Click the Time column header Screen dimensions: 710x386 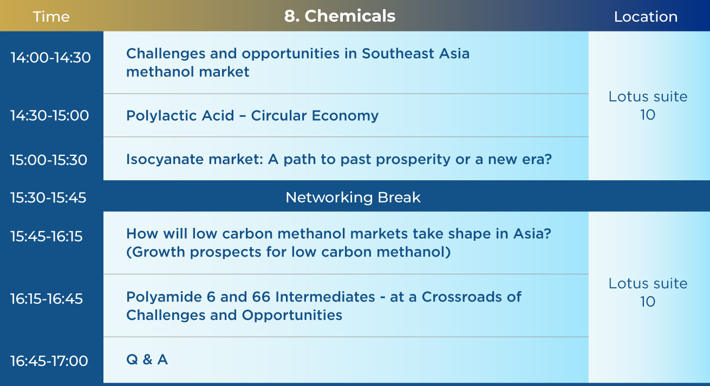click(x=51, y=16)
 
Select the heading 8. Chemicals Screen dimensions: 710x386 click(x=340, y=16)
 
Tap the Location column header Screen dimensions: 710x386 click(x=646, y=16)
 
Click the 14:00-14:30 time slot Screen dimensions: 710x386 click(x=51, y=58)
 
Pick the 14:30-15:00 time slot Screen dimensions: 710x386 click(x=49, y=115)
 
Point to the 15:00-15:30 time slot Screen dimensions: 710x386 click(x=49, y=160)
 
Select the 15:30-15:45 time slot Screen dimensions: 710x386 click(x=48, y=198)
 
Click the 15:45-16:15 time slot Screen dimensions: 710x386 click(x=46, y=237)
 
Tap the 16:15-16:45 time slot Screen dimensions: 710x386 click(x=46, y=298)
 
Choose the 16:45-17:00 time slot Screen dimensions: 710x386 click(x=49, y=361)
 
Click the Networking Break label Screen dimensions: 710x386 click(x=353, y=198)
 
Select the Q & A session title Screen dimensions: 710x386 click(x=147, y=359)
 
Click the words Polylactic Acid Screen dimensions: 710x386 click(x=180, y=116)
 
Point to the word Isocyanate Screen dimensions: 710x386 click(x=165, y=159)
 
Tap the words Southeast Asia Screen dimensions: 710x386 click(x=415, y=54)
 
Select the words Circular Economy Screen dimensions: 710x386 click(x=315, y=116)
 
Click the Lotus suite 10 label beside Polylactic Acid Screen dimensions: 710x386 click(x=648, y=106)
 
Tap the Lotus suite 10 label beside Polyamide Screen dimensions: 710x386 click(x=648, y=292)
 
